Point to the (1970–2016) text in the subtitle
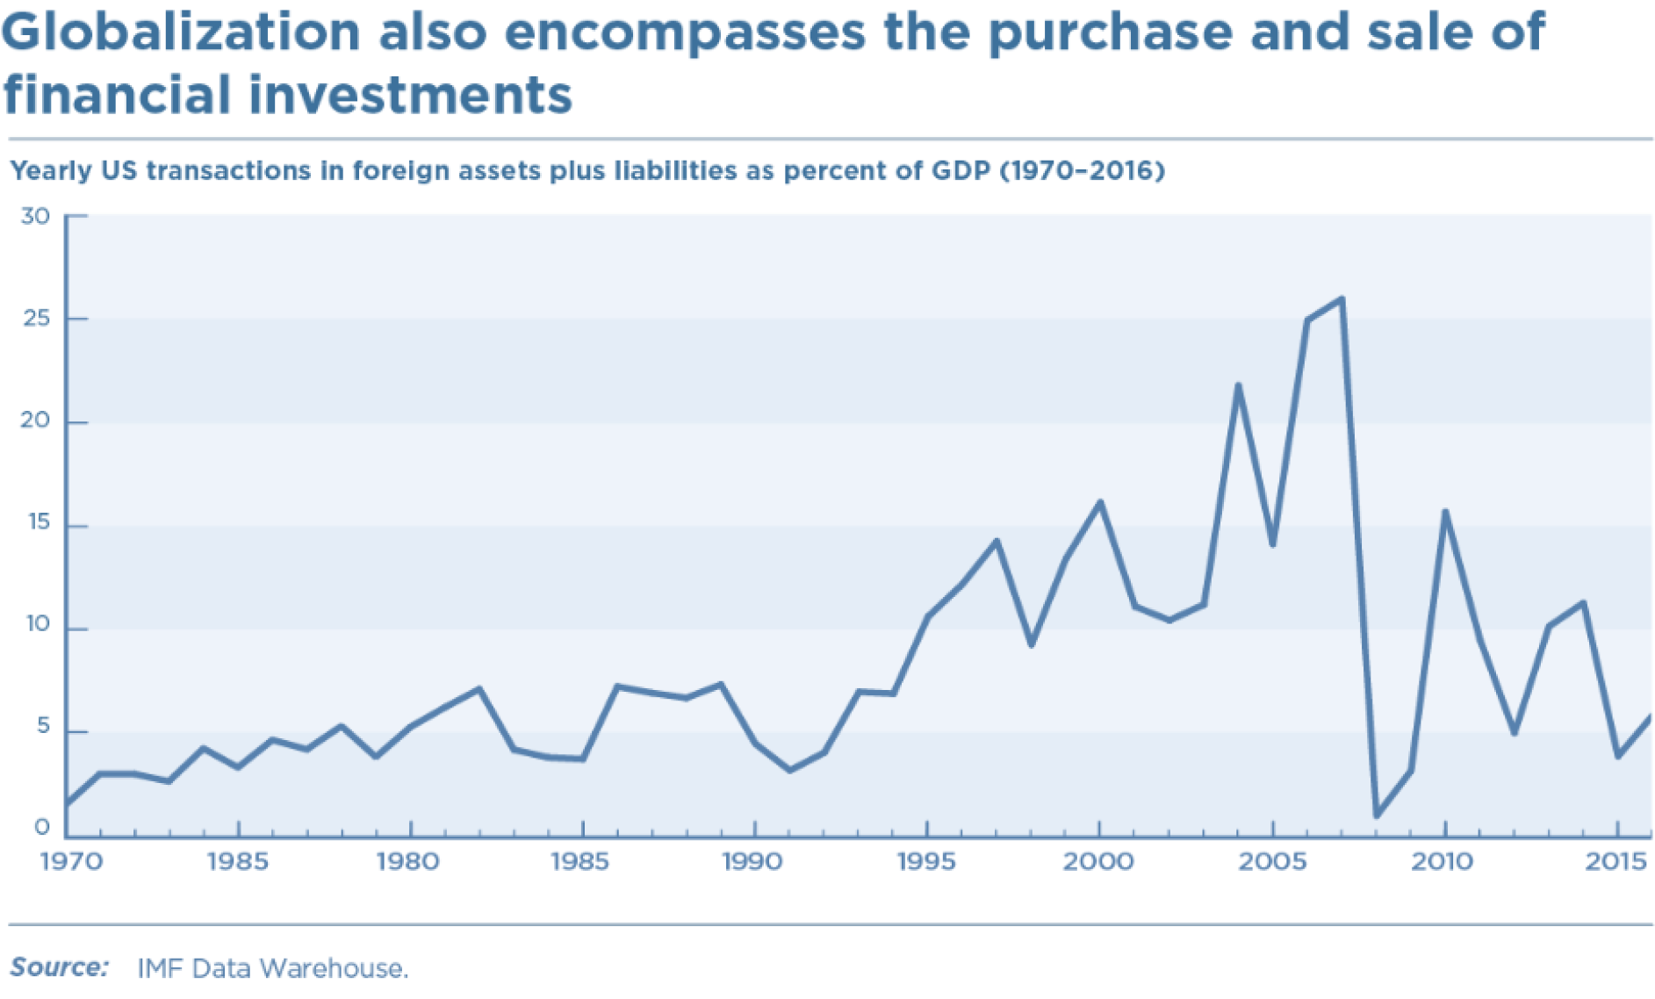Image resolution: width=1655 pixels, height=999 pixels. [1083, 170]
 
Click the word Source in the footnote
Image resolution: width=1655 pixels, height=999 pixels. [59, 967]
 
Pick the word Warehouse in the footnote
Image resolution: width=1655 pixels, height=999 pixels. [335, 968]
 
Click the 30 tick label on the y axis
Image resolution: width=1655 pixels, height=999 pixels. [36, 216]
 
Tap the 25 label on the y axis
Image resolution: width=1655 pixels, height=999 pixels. [36, 319]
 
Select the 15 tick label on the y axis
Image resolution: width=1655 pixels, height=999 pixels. [39, 523]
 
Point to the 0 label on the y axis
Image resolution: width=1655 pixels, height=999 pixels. [42, 828]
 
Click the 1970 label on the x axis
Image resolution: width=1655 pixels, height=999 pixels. [71, 862]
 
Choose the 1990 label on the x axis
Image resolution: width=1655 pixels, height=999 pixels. [752, 862]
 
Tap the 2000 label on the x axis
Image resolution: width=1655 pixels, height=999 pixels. [1098, 862]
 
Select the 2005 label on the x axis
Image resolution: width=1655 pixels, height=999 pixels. [1272, 862]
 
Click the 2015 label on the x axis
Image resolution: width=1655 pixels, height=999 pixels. [1615, 862]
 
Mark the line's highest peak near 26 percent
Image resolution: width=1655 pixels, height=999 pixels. [1342, 299]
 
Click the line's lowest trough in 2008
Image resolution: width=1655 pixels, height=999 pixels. [1376, 816]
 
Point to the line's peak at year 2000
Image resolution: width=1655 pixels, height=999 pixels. [1099, 502]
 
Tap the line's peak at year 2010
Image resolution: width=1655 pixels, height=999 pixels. [1445, 512]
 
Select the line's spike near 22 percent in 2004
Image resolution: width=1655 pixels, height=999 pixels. [1238, 385]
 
